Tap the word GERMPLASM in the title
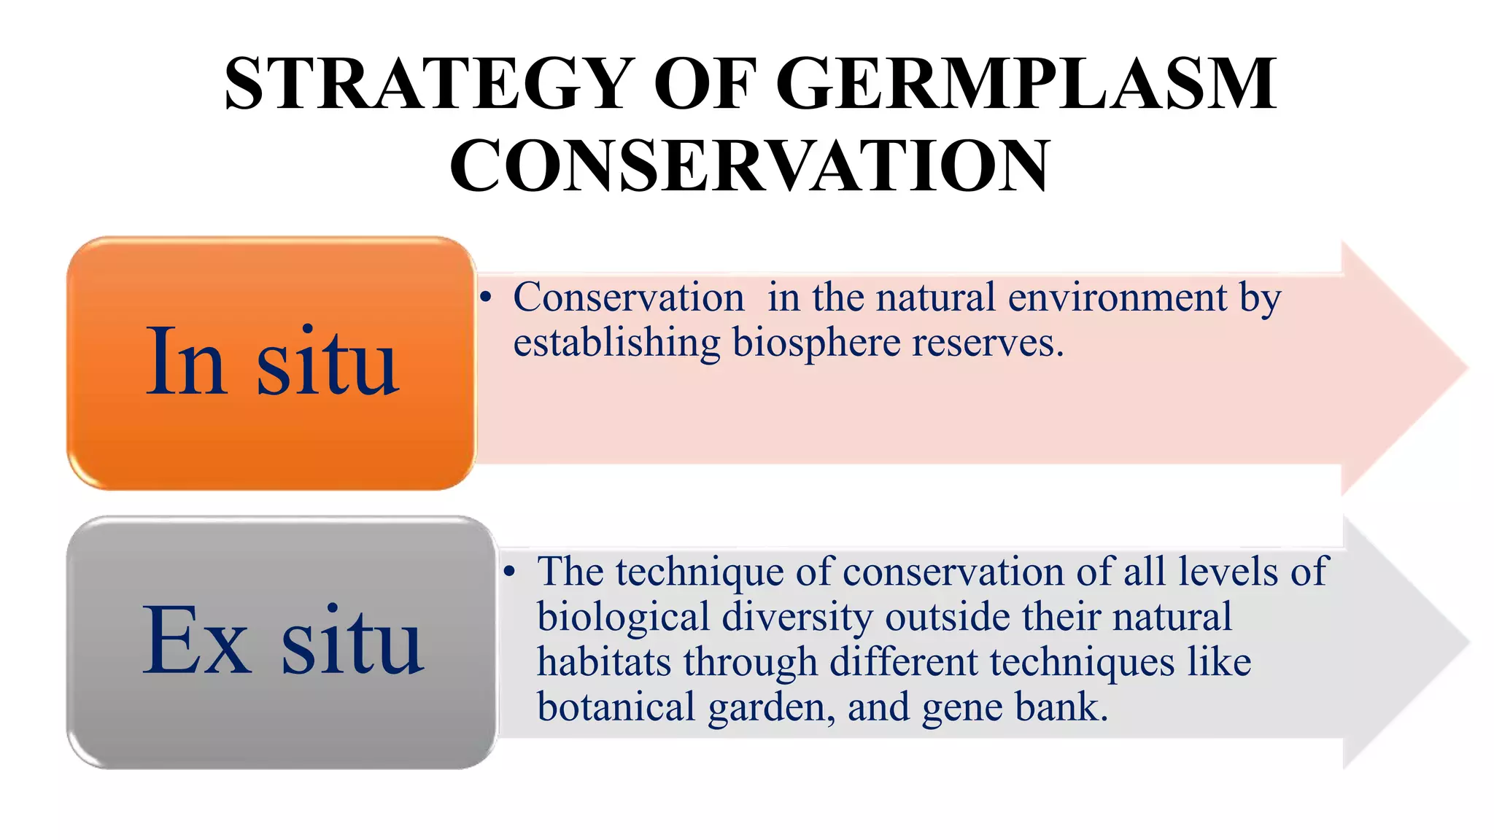pyautogui.click(x=1026, y=84)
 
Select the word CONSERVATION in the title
pyautogui.click(x=749, y=166)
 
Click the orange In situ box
pyautogui.click(x=271, y=362)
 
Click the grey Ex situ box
pyautogui.click(x=282, y=642)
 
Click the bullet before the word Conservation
pyautogui.click(x=486, y=297)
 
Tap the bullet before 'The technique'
pyautogui.click(x=510, y=572)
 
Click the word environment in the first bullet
pyautogui.click(x=1117, y=297)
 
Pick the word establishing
pyautogui.click(x=616, y=343)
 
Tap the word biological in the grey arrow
pyautogui.click(x=623, y=618)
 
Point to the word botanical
pyautogui.click(x=616, y=707)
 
